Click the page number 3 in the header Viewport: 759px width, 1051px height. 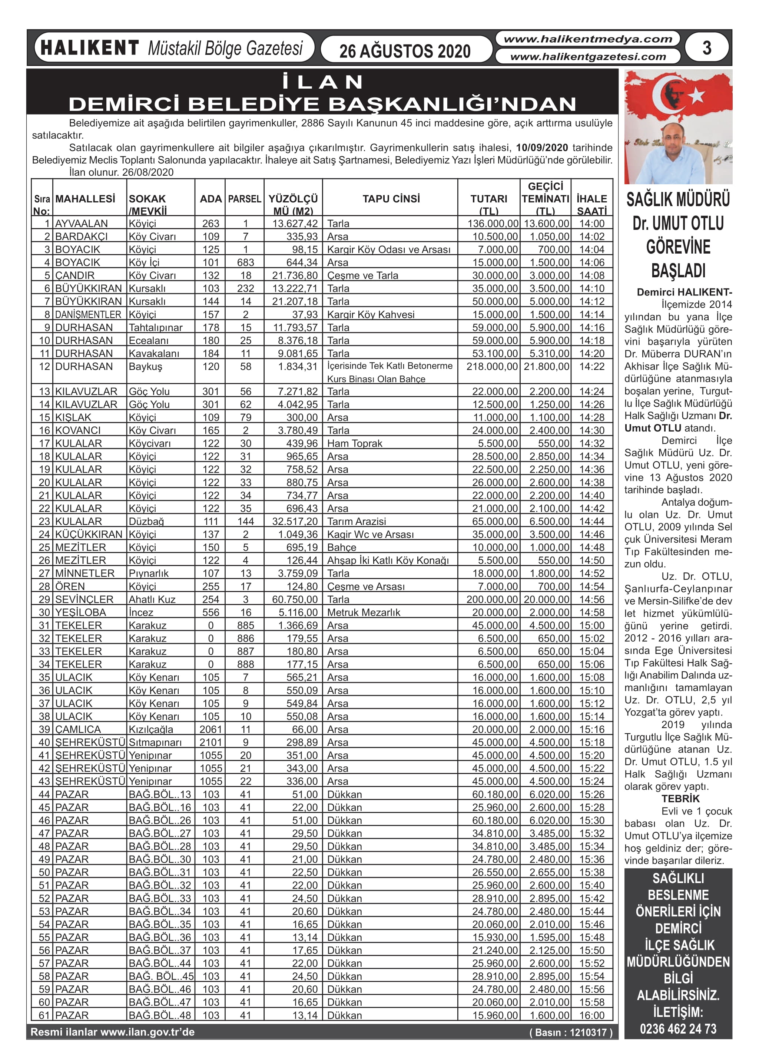[x=707, y=48]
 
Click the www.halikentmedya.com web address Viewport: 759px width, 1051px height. [x=587, y=39]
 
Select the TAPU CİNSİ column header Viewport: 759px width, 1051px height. [x=391, y=199]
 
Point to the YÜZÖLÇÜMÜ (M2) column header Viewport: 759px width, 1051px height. [x=293, y=204]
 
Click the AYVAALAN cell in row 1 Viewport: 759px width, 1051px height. [x=82, y=223]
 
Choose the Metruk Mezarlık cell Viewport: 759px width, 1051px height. [x=364, y=612]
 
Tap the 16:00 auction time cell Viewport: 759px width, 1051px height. [x=592, y=1015]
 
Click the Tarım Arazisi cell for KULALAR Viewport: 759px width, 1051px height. [x=356, y=521]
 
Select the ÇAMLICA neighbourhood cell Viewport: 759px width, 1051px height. [x=78, y=729]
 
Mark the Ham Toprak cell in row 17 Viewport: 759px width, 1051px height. [x=354, y=443]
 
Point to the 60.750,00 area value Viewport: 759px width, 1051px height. [x=295, y=599]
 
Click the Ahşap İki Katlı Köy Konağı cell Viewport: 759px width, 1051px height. [x=388, y=560]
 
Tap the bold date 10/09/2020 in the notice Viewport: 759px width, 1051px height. [x=542, y=148]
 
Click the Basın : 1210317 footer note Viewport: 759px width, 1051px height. [x=570, y=1032]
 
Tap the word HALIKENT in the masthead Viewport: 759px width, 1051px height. [x=89, y=48]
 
